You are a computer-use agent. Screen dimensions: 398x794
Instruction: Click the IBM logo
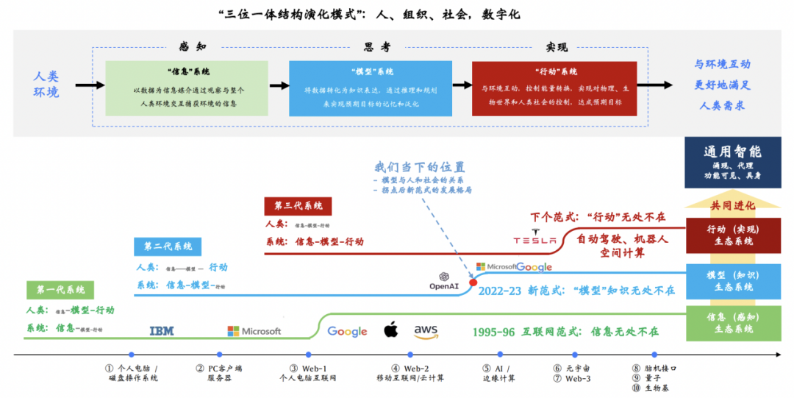pyautogui.click(x=162, y=331)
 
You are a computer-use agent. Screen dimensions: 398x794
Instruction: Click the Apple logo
pyautogui.click(x=390, y=330)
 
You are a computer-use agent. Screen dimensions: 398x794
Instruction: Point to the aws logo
pyautogui.click(x=426, y=332)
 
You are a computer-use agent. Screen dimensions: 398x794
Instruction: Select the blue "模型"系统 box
pyautogui.click(x=371, y=88)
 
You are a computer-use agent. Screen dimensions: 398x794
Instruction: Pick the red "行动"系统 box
pyautogui.click(x=554, y=88)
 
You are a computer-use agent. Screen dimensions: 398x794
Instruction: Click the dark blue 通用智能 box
pyautogui.click(x=732, y=162)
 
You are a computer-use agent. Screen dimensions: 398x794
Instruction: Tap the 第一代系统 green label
pyautogui.click(x=56, y=290)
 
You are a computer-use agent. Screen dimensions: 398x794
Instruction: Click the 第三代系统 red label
pyautogui.click(x=298, y=206)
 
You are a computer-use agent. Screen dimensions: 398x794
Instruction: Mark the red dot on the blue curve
pyautogui.click(x=473, y=282)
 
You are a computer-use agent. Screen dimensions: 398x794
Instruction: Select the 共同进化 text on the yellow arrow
pyautogui.click(x=732, y=205)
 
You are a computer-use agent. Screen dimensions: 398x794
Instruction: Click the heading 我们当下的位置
pyautogui.click(x=420, y=167)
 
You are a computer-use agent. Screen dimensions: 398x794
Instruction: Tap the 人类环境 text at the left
pyautogui.click(x=46, y=85)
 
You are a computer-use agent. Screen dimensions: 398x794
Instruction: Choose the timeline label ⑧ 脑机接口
pyautogui.click(x=654, y=369)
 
